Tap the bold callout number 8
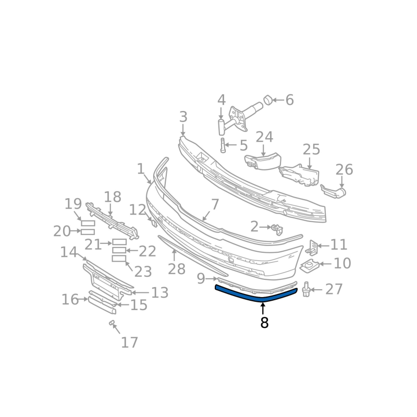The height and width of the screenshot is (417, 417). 264,323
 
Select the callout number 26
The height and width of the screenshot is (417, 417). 344,170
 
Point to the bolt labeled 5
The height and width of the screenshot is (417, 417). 223,145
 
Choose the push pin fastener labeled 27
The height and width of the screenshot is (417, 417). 306,290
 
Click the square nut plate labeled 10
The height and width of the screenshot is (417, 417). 309,266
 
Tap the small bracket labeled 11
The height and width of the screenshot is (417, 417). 312,247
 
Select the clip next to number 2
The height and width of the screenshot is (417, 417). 277,229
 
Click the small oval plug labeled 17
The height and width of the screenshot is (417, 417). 112,323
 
